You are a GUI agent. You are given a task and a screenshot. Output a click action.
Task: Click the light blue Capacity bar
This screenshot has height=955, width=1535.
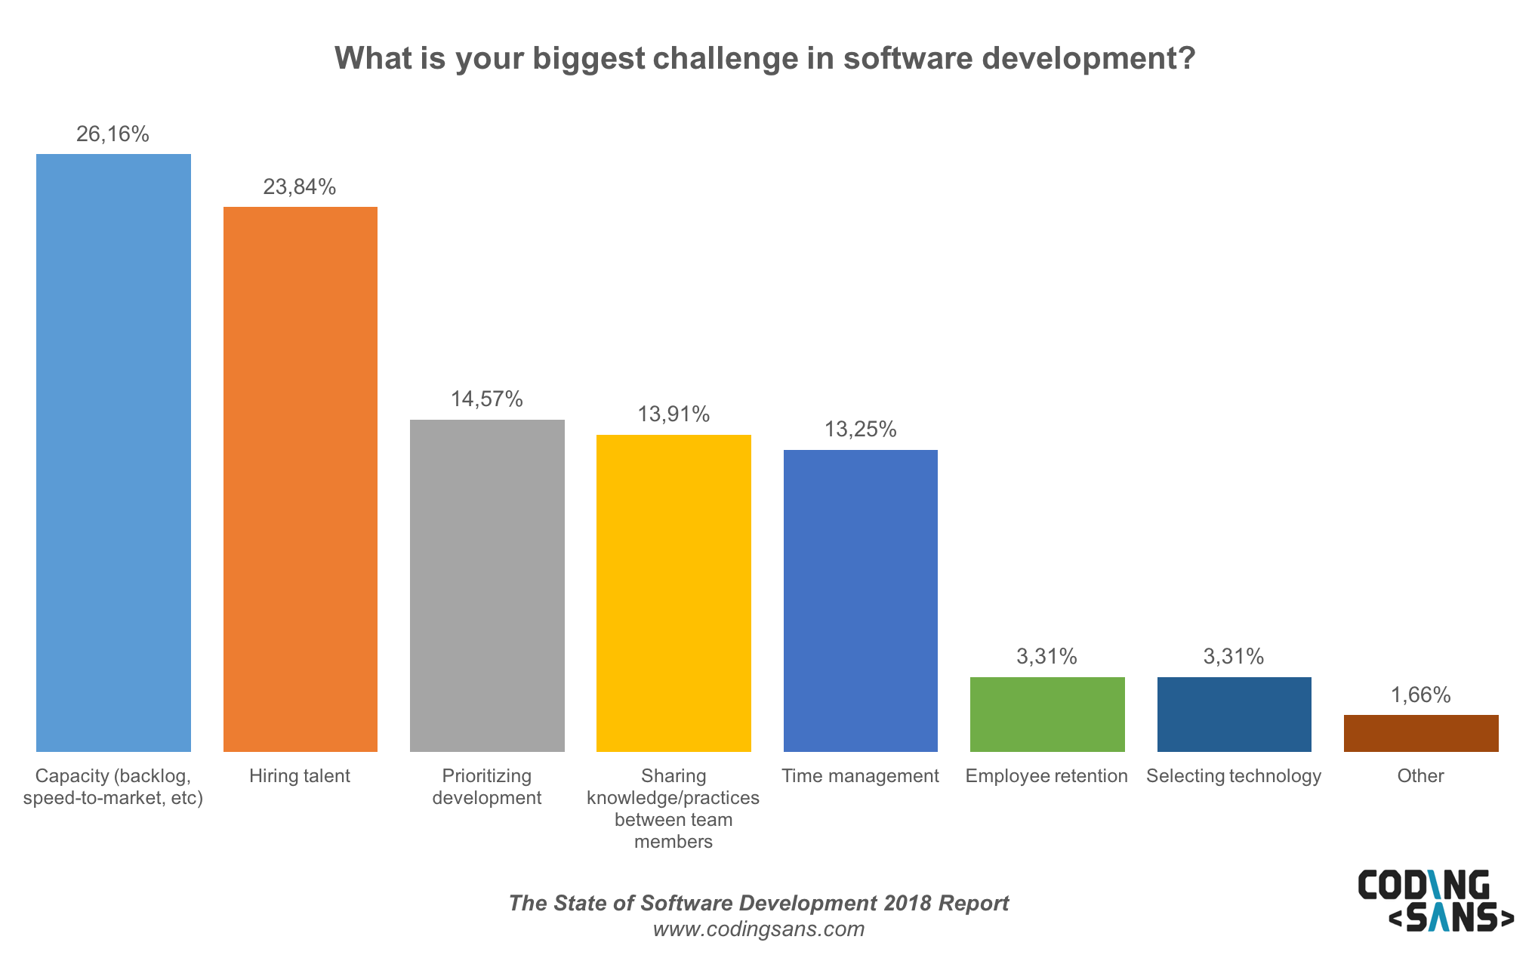click(x=113, y=453)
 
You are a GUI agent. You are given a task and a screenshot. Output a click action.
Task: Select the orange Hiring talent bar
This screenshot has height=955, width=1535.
click(x=301, y=479)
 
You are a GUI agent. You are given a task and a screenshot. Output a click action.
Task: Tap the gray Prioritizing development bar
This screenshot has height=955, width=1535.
click(x=487, y=585)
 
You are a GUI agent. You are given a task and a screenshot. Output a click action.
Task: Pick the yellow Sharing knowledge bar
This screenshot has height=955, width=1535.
click(x=673, y=593)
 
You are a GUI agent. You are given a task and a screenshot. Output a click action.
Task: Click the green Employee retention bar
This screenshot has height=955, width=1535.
click(x=1047, y=714)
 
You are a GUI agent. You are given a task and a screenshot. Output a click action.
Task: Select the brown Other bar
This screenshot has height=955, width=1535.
click(x=1421, y=733)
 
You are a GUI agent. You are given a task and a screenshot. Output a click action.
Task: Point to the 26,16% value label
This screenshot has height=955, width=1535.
click(x=113, y=134)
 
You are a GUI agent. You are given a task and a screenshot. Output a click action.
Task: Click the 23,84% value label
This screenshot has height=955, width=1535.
click(x=300, y=187)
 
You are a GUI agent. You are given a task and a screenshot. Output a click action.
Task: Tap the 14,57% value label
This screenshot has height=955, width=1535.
click(x=487, y=399)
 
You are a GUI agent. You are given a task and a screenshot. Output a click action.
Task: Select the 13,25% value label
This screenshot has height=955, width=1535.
click(x=861, y=430)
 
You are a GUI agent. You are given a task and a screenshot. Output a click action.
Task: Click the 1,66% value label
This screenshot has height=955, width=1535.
click(x=1421, y=695)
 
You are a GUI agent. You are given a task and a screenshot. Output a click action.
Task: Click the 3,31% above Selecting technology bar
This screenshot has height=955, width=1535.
click(x=1234, y=657)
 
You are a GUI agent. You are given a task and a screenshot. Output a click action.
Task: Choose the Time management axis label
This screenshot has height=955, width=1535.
click(x=860, y=776)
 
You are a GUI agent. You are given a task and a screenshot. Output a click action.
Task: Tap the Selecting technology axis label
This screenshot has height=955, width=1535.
click(x=1234, y=776)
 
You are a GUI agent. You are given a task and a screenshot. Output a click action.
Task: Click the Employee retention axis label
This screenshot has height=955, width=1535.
click(x=1046, y=776)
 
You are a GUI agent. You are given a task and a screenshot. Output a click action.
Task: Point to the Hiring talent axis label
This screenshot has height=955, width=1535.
click(x=300, y=776)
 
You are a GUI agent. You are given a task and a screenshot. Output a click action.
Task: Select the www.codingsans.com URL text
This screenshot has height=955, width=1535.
click(x=759, y=929)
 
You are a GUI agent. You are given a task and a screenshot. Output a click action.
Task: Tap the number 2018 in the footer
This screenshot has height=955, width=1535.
click(x=908, y=904)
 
